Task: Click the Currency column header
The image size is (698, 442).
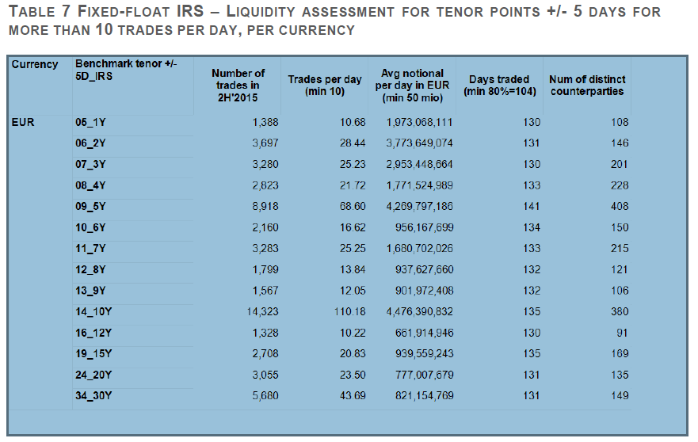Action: pos(35,64)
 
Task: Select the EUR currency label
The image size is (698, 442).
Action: pos(23,122)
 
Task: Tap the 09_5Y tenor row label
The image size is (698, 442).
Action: pos(90,207)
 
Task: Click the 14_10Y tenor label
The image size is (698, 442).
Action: pos(93,311)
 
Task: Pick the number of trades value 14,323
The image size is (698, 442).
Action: pos(262,311)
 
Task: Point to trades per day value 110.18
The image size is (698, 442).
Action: pos(350,311)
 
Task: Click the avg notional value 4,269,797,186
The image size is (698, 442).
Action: pos(419,207)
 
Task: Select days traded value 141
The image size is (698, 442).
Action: pos(532,207)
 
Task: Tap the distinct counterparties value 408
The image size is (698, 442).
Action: pos(620,207)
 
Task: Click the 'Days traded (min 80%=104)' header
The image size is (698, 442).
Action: pos(499,86)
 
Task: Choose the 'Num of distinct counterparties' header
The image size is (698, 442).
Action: pos(587,86)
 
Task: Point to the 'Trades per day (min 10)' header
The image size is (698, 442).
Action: pos(325,86)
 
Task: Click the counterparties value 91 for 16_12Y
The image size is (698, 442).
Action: pos(622,333)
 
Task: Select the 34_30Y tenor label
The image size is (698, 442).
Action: pos(93,396)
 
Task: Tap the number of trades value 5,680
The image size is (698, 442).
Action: pos(265,396)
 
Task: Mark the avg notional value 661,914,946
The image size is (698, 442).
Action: pos(424,333)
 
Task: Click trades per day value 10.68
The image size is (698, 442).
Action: pos(353,122)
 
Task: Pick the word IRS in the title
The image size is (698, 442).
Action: pos(190,11)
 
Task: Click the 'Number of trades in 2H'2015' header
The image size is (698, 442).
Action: pos(238,86)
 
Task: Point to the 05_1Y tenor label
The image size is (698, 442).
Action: pos(90,122)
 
